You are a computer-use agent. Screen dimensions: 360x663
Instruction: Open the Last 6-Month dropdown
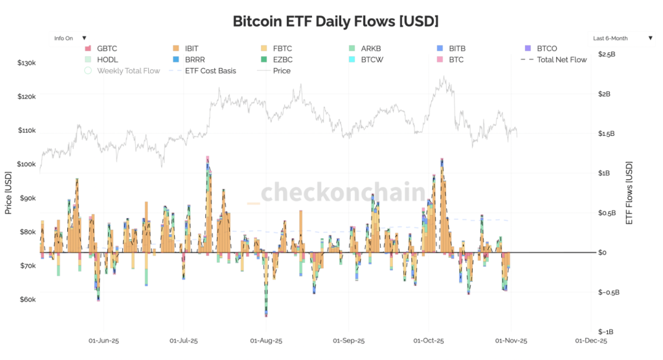pos(622,38)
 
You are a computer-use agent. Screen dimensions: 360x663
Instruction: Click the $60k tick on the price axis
pos(28,300)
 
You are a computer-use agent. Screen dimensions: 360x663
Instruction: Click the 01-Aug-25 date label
pos(265,340)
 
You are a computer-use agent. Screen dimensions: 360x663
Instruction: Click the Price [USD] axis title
pos(8,192)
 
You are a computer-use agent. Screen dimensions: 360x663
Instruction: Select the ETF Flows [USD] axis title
pos(629,192)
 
